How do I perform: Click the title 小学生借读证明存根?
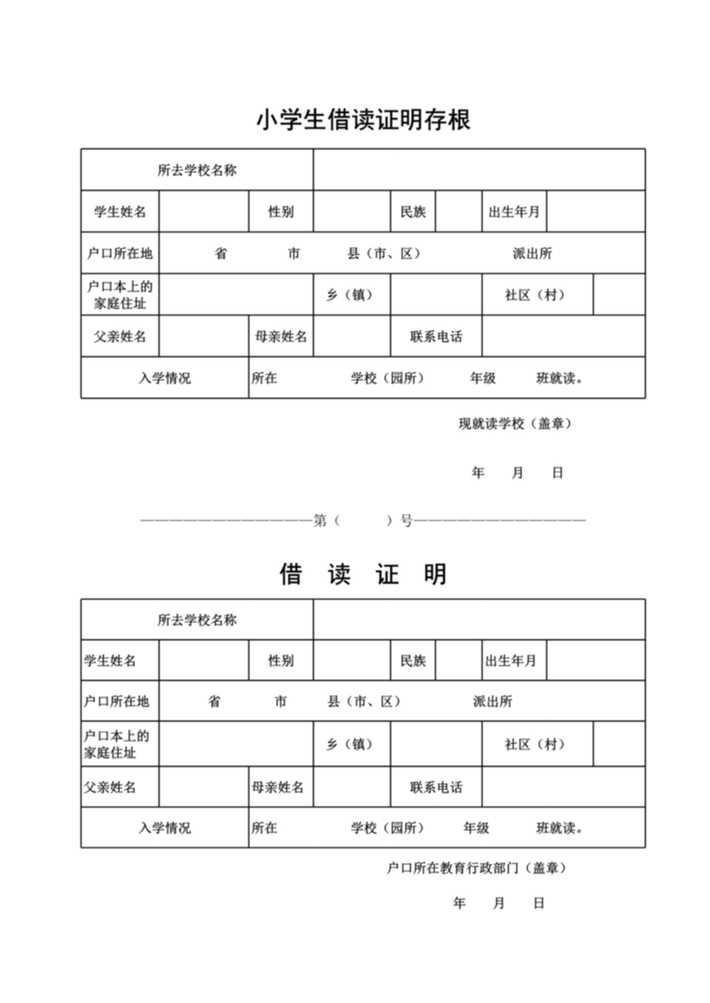tap(363, 120)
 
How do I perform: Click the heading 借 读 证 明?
tap(363, 574)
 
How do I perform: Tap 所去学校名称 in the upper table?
tap(197, 170)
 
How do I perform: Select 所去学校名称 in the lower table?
tap(197, 620)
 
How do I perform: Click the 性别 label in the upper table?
tap(280, 212)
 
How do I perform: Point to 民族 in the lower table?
tap(413, 661)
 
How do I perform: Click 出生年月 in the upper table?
tap(515, 212)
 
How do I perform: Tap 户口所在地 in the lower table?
tap(116, 702)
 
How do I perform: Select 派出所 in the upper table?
tap(532, 254)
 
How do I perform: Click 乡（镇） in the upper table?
tap(349, 296)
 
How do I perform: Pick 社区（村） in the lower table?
tap(535, 745)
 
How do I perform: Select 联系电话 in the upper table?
tap(436, 337)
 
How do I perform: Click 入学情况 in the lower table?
tap(164, 828)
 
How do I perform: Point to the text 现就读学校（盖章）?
tap(515, 423)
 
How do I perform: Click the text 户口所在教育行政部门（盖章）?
tap(477, 867)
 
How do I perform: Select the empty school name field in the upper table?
tap(478, 170)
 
